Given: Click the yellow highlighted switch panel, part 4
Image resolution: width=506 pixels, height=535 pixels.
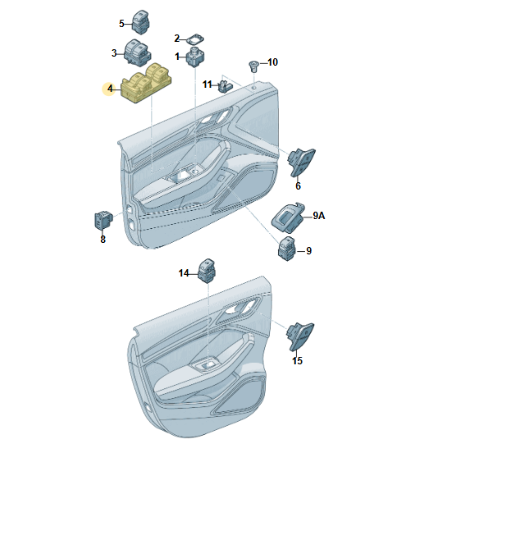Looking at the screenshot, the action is [x=146, y=84].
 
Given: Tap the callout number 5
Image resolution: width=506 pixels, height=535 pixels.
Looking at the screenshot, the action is [x=121, y=24].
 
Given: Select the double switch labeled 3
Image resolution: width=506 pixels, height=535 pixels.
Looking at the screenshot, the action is [x=137, y=53].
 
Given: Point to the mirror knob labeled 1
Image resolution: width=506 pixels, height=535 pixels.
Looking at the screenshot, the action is [x=195, y=57].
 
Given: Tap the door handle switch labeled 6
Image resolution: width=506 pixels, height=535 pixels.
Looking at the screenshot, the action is [x=301, y=162].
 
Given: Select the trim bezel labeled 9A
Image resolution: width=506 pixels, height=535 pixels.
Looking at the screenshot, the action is [x=287, y=217].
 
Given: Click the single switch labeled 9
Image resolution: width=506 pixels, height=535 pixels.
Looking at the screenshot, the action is [x=287, y=249].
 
